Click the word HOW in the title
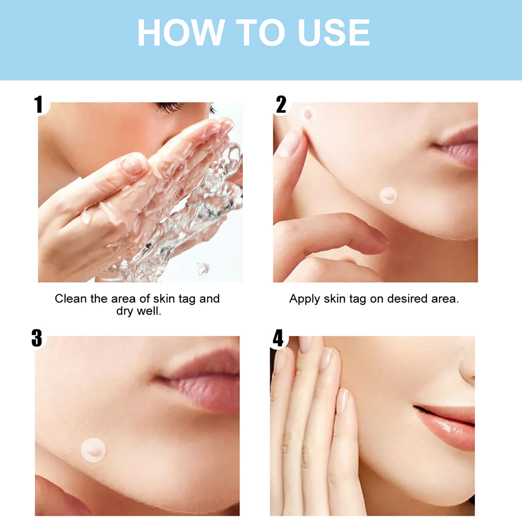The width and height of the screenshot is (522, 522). click(181, 32)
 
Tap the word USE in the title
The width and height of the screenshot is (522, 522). click(334, 32)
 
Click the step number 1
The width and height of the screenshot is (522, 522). click(39, 104)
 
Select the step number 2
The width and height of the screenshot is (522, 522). click(281, 104)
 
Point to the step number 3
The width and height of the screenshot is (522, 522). click(37, 338)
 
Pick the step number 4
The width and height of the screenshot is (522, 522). click(278, 338)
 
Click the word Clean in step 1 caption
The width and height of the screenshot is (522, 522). click(71, 299)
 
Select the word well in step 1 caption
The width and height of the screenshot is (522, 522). click(149, 311)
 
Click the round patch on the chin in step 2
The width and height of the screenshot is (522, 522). click(388, 195)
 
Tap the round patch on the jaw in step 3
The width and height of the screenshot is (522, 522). click(93, 450)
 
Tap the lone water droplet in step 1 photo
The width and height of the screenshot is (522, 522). click(203, 268)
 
